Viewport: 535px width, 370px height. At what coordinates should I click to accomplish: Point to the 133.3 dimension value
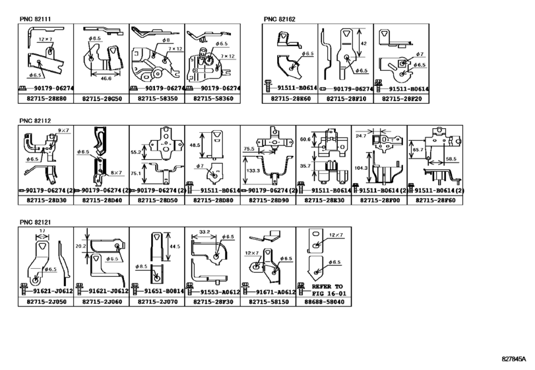point(250,170)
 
